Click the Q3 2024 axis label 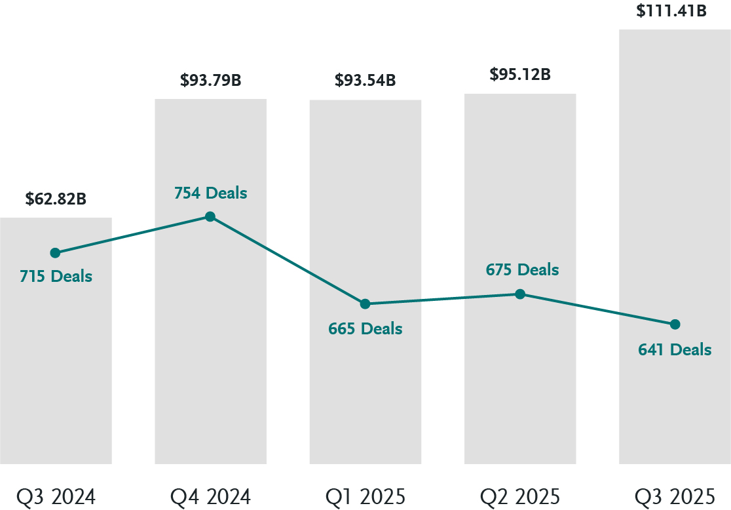click(x=56, y=497)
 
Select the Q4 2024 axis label click(x=210, y=497)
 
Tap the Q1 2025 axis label click(x=365, y=497)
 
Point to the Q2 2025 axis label click(x=520, y=497)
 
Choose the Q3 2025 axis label click(x=675, y=497)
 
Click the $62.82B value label click(x=56, y=199)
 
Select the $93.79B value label click(x=210, y=81)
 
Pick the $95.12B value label click(x=520, y=75)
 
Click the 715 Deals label click(x=56, y=276)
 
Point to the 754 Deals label click(x=210, y=193)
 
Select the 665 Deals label click(x=365, y=328)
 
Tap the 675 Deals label click(x=522, y=269)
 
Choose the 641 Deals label click(x=675, y=349)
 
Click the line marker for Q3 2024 click(x=56, y=253)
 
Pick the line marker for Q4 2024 click(x=210, y=216)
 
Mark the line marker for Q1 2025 click(x=365, y=304)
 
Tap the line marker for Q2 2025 click(x=520, y=294)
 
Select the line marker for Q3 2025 click(x=675, y=324)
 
